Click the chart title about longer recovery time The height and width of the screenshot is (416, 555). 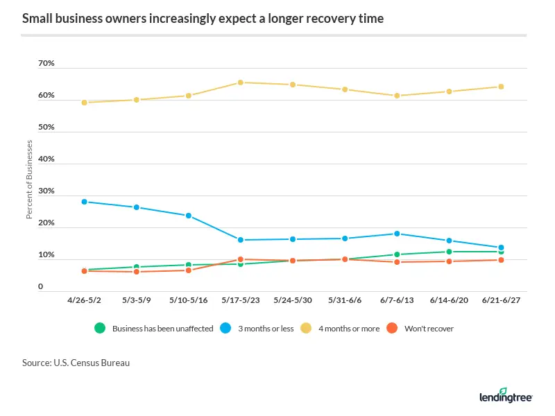click(x=203, y=19)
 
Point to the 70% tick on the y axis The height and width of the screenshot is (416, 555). click(x=46, y=64)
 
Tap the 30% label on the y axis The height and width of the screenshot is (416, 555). click(x=46, y=191)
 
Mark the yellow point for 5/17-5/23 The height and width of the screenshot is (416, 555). click(x=240, y=83)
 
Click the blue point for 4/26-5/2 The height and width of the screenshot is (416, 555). click(x=84, y=202)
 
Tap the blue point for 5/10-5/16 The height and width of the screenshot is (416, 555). click(x=188, y=216)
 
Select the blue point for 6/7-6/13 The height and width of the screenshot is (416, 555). click(x=396, y=234)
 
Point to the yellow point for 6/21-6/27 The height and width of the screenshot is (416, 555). click(x=500, y=87)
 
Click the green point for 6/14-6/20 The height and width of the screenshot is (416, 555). click(x=448, y=252)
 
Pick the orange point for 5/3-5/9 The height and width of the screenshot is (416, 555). click(x=136, y=272)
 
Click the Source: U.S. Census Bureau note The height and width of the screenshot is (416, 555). click(x=76, y=363)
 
